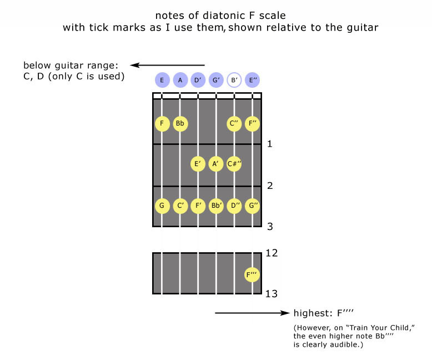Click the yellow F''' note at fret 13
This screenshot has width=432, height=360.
coord(252,274)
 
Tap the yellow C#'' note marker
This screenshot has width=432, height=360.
coord(234,164)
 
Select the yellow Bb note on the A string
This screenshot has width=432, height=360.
coord(180,123)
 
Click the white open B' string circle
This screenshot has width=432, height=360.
coord(234,80)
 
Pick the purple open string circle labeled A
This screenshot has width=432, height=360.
coord(180,80)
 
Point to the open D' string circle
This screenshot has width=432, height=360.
coord(198,80)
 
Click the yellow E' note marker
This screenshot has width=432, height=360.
coord(198,164)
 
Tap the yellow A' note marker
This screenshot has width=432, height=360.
coord(216,164)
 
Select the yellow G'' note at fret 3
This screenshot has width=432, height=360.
coord(252,206)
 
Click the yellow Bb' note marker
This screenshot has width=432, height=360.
coord(216,206)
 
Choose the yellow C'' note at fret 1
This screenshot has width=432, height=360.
coord(234,123)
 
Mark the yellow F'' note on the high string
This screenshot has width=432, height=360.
coord(252,123)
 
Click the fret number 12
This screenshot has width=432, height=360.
coord(272,253)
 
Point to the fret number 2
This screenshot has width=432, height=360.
coord(269,186)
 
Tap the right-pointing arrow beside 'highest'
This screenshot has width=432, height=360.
coord(253,313)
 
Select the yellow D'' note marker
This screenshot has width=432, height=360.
coord(234,206)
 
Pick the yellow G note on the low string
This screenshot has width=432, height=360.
coord(162,206)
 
